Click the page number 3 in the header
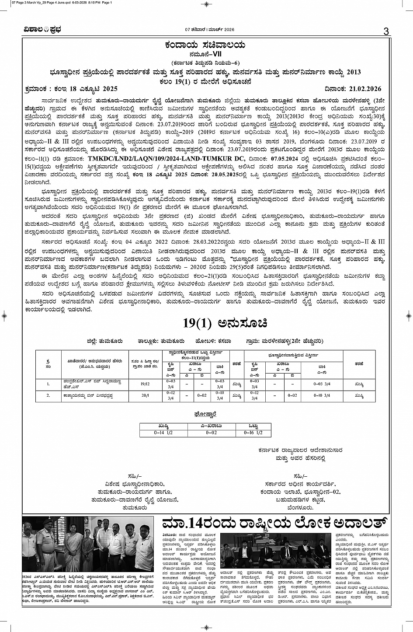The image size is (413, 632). coord(385,31)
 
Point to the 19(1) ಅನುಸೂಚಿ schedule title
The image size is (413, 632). coord(225,324)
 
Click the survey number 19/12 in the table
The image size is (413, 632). coord(145,384)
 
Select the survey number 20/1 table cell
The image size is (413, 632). coord(145,395)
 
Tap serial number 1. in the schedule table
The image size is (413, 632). coord(48,384)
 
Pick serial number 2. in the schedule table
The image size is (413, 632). coord(48,395)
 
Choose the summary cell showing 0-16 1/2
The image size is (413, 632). coord(253,433)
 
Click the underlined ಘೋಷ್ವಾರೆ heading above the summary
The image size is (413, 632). coord(205,413)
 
